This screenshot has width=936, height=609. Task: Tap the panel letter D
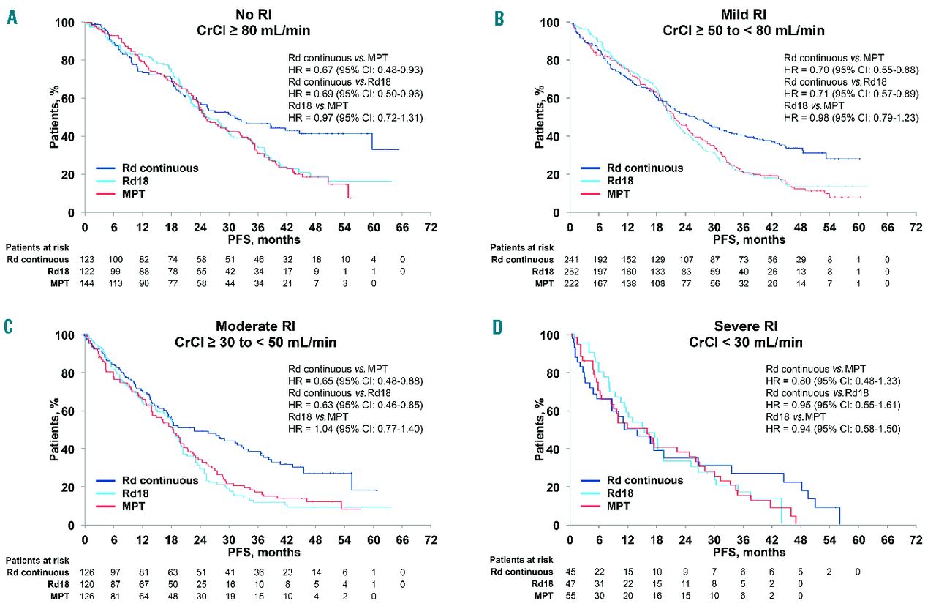[498, 327]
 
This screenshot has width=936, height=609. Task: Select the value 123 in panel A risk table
[86, 259]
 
